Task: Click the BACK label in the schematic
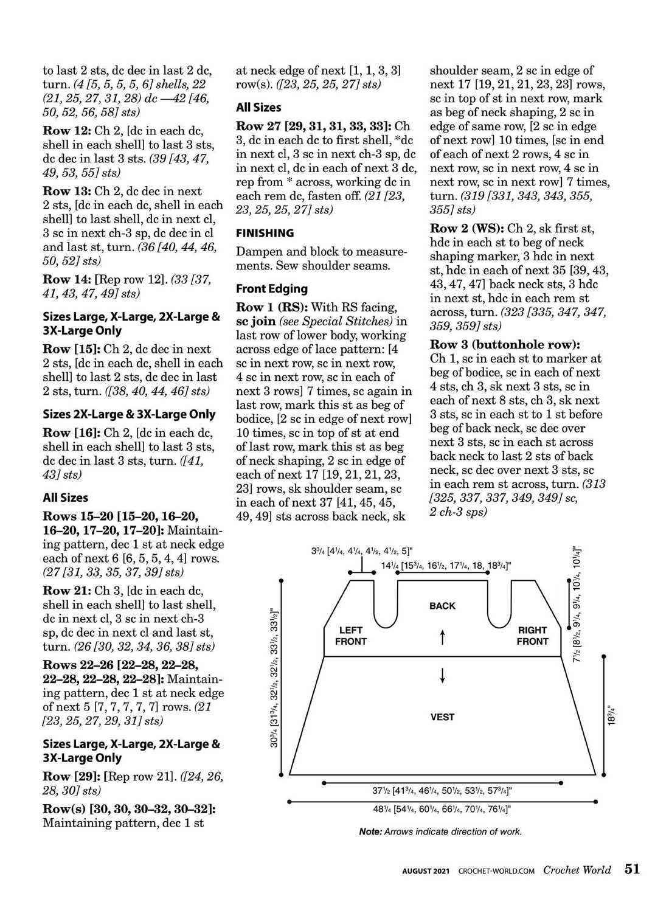(x=442, y=606)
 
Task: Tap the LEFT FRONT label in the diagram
(x=352, y=636)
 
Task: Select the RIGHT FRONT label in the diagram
(x=533, y=636)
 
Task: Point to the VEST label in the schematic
(x=442, y=717)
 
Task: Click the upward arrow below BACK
(x=443, y=637)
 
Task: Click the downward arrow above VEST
(x=443, y=675)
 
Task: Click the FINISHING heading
(x=265, y=233)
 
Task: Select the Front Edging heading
(x=272, y=289)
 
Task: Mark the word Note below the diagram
(x=370, y=831)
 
